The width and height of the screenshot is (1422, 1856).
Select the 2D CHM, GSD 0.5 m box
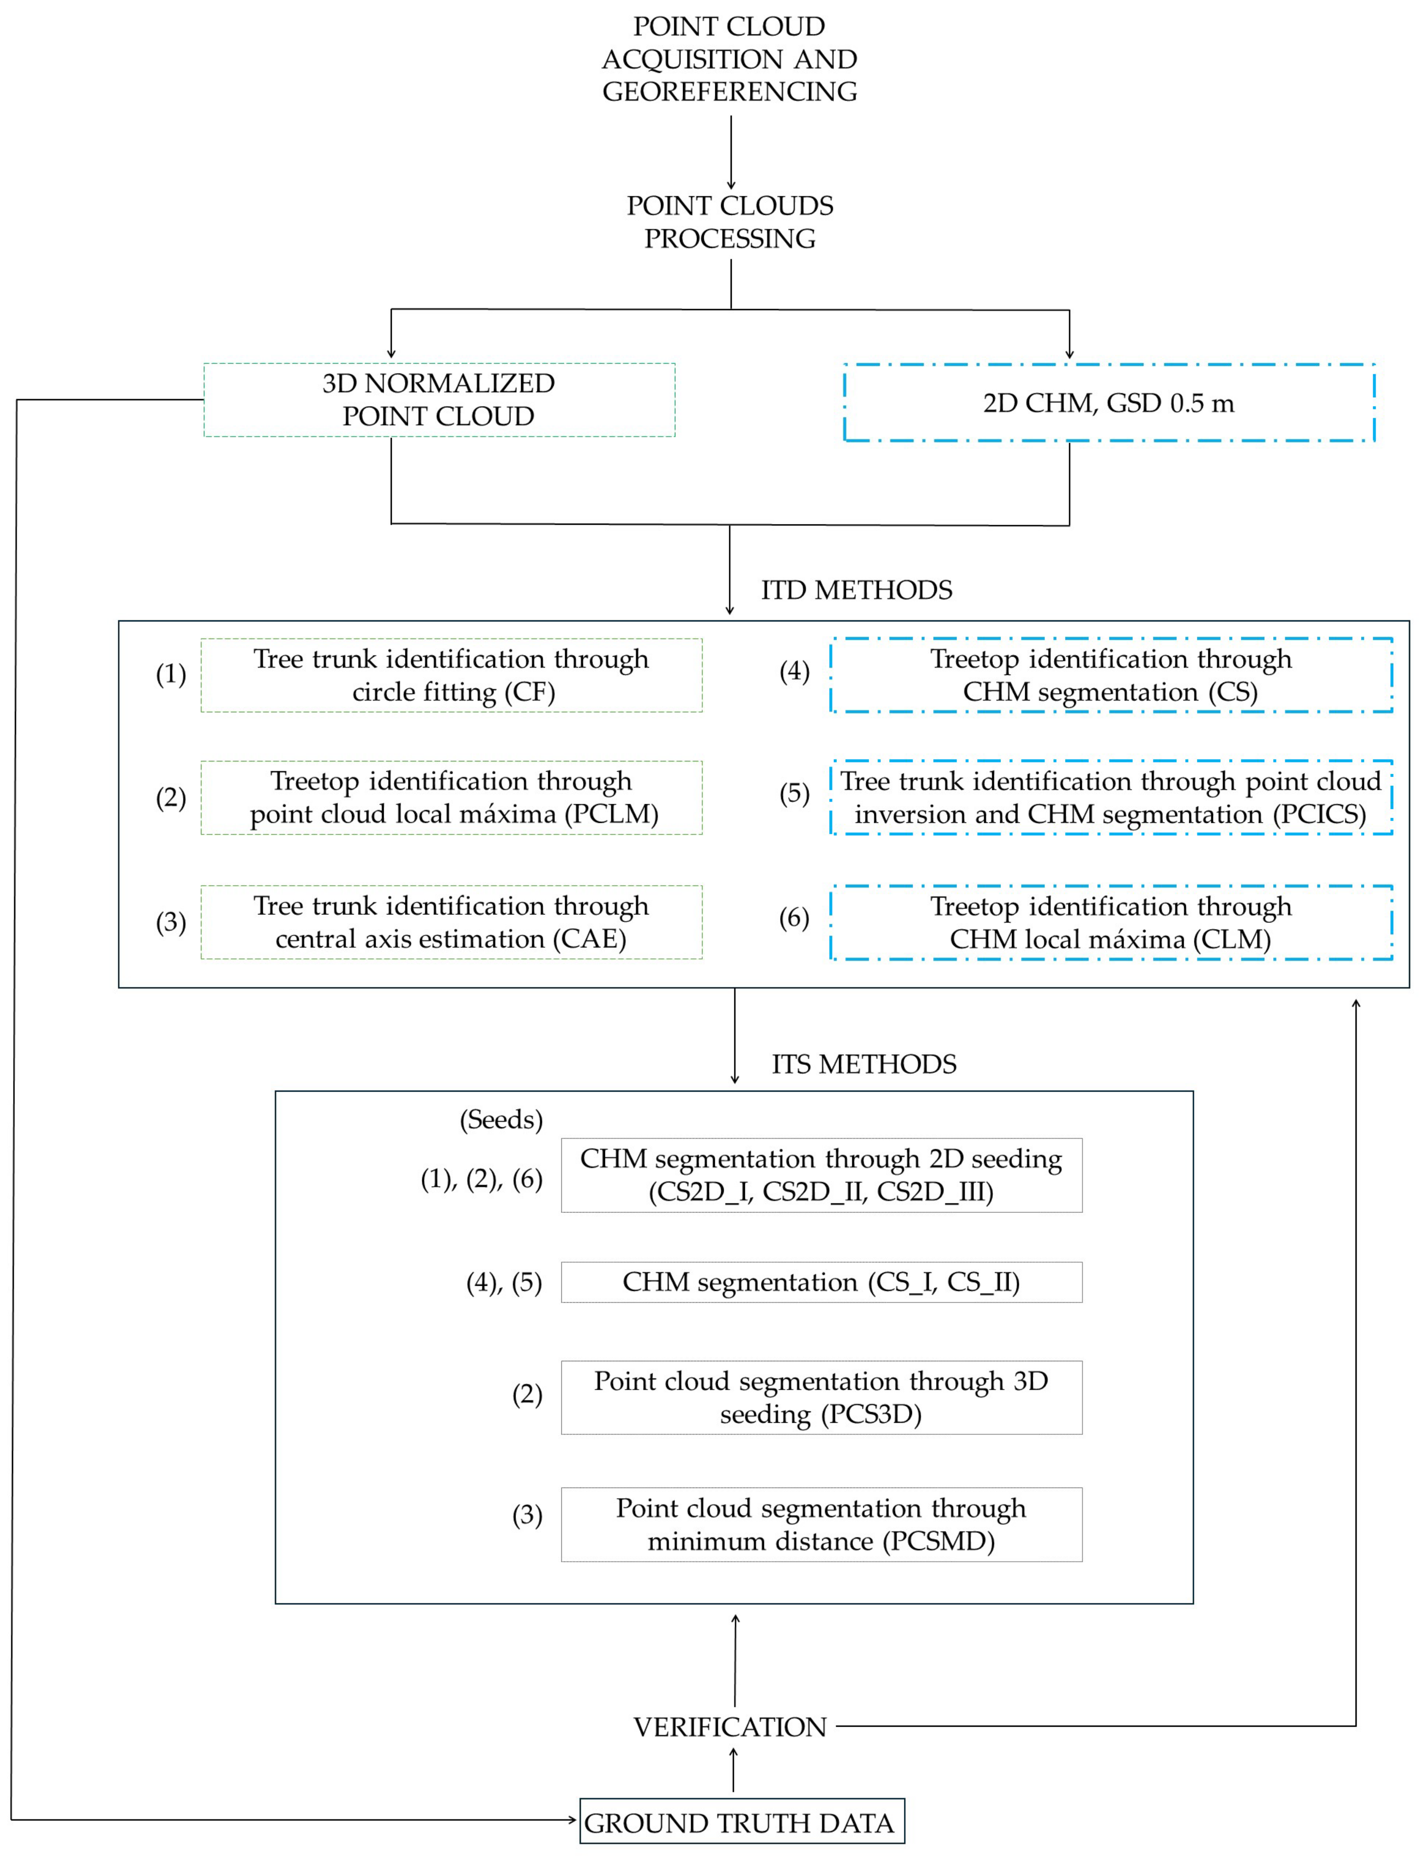click(x=1109, y=403)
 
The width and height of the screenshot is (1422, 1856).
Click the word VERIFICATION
click(x=730, y=1727)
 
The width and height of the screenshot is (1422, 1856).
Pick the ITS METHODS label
click(x=863, y=1064)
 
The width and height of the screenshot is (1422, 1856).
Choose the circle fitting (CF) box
click(x=451, y=675)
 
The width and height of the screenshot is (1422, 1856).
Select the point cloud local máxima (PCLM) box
click(x=451, y=797)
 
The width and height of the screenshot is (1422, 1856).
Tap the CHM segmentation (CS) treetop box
click(x=1110, y=675)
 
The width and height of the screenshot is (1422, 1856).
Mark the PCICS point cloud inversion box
click(x=1110, y=797)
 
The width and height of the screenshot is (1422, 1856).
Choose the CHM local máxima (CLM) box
click(x=1110, y=922)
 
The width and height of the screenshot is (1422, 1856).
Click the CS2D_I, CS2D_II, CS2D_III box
click(x=821, y=1175)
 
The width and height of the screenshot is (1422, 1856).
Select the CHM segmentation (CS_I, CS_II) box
click(x=821, y=1282)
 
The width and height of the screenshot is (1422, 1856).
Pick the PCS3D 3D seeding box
click(x=821, y=1397)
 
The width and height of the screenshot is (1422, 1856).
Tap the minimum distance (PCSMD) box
click(x=821, y=1524)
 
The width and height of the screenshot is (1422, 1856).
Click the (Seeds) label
click(x=501, y=1120)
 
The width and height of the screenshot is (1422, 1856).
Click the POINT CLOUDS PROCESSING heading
click(x=730, y=222)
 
